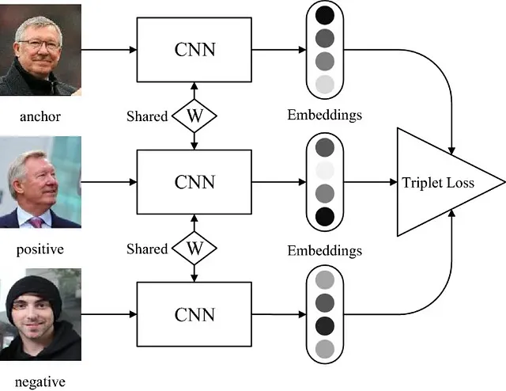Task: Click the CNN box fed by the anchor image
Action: [x=194, y=50]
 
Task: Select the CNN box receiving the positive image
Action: [x=194, y=182]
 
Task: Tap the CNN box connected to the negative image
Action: [x=194, y=314]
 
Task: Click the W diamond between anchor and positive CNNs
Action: [x=194, y=116]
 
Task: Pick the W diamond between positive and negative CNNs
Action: [x=194, y=249]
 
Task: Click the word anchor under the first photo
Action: [x=40, y=116]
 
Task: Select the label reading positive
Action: [x=40, y=249]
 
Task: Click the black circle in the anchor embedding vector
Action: [x=325, y=15]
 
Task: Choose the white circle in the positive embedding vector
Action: [x=325, y=170]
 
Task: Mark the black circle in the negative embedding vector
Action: [x=325, y=325]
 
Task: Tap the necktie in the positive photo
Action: [x=37, y=222]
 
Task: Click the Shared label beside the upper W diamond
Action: [x=147, y=116]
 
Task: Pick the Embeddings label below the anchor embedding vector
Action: [x=325, y=116]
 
